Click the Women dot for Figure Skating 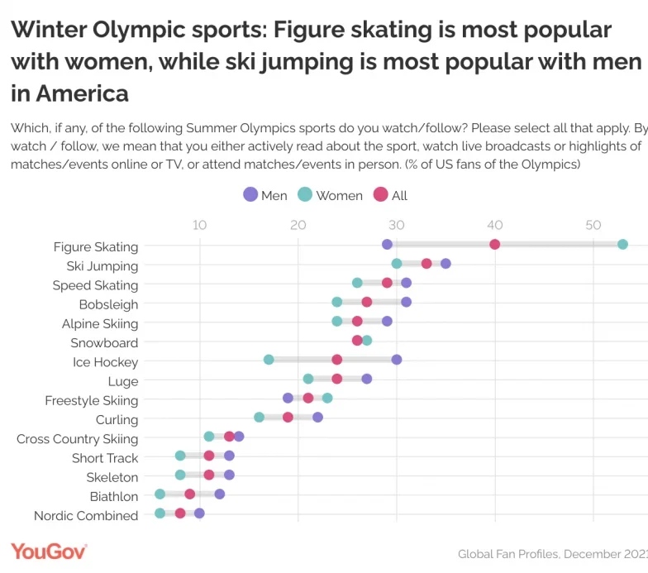pyautogui.click(x=622, y=244)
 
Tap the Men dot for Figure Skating pyautogui.click(x=387, y=244)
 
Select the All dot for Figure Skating pyautogui.click(x=495, y=244)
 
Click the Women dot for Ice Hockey pyautogui.click(x=269, y=360)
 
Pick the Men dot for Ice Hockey pyautogui.click(x=397, y=360)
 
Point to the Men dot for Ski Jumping pyautogui.click(x=445, y=264)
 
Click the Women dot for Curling pyautogui.click(x=259, y=418)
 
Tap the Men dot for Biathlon pyautogui.click(x=219, y=494)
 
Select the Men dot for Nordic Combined pyautogui.click(x=199, y=513)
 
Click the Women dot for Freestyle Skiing pyautogui.click(x=327, y=398)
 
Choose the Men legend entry pyautogui.click(x=264, y=195)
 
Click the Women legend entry pyautogui.click(x=329, y=195)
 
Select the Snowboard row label pyautogui.click(x=104, y=343)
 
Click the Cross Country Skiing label pyautogui.click(x=77, y=439)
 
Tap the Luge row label pyautogui.click(x=123, y=381)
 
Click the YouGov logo pyautogui.click(x=49, y=552)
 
